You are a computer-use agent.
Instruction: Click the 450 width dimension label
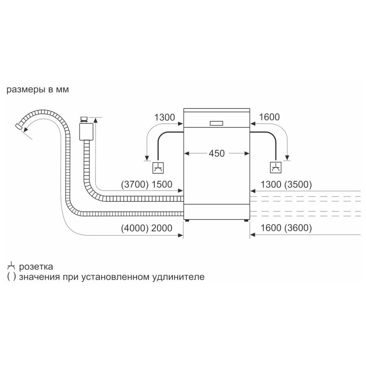217,153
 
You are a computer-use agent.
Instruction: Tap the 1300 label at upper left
165,117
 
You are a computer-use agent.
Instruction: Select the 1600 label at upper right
269,117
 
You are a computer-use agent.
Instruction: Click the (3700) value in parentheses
135,184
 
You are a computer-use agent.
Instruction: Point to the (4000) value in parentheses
135,228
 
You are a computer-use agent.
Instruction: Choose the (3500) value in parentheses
298,184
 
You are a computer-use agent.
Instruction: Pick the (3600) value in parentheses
298,228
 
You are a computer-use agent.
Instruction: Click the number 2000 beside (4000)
162,228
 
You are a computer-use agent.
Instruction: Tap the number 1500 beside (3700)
162,184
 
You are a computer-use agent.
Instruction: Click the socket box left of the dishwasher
158,168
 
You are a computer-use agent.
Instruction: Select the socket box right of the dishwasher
276,168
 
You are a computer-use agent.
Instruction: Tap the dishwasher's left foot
187,220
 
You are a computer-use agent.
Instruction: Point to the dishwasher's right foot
246,220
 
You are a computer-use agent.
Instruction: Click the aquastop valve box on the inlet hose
86,132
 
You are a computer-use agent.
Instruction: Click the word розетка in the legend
36,267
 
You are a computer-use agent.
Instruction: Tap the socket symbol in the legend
11,266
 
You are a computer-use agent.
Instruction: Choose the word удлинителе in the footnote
179,277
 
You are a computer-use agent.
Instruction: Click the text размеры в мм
37,90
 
